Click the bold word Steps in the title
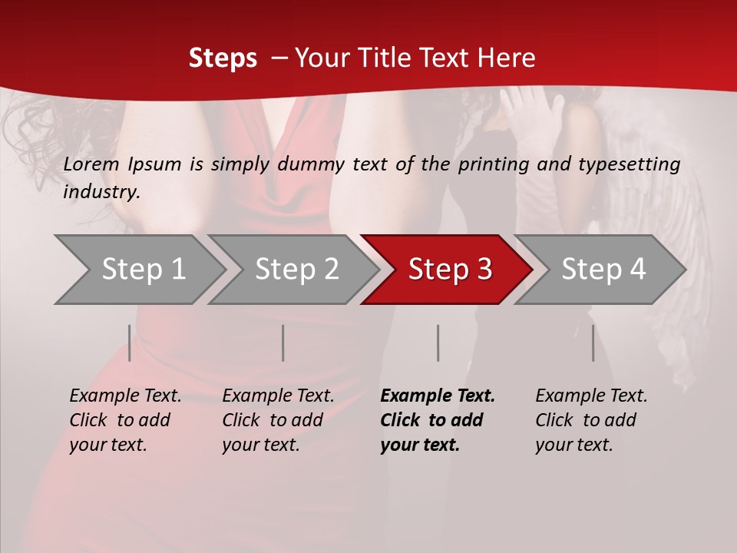click(223, 58)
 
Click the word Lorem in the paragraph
click(91, 164)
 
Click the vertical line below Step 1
click(130, 343)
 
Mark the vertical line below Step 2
click(283, 343)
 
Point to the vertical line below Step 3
click(438, 343)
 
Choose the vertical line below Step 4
click(593, 343)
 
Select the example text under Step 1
click(125, 420)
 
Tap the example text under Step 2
click(278, 420)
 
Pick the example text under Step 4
click(590, 420)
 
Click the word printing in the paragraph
click(494, 164)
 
